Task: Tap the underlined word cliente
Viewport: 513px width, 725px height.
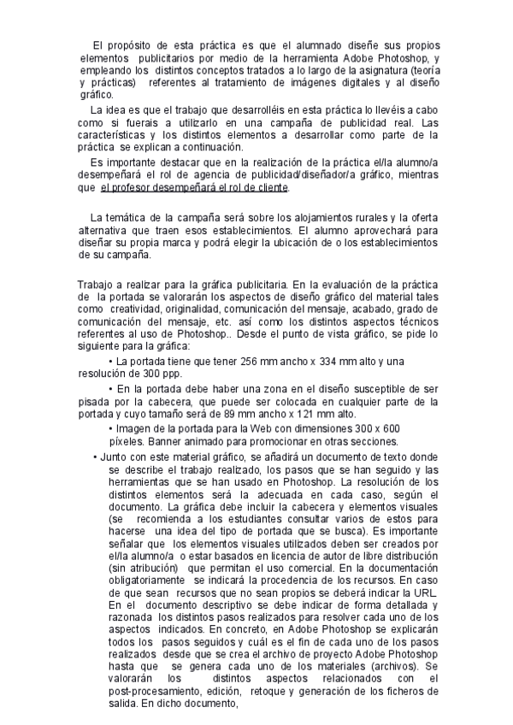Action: pyautogui.click(x=271, y=188)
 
